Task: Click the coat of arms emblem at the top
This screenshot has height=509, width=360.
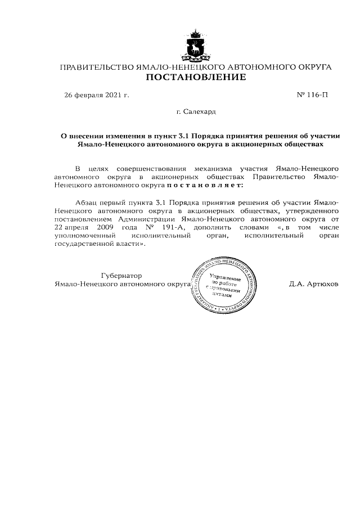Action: coord(196,47)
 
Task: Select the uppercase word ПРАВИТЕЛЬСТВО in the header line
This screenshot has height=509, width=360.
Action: coord(96,67)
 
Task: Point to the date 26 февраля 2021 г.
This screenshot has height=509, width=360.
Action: coord(97,95)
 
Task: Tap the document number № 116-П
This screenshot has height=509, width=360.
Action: coord(312,95)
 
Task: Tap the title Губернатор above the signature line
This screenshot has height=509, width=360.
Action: coord(121,276)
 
